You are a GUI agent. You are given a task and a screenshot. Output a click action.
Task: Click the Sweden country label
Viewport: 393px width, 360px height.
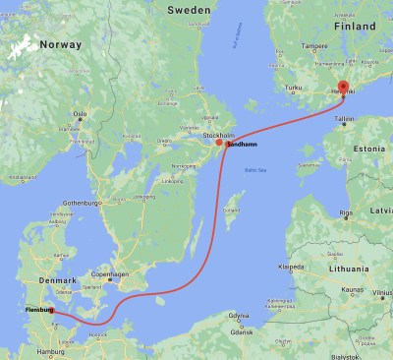(188, 9)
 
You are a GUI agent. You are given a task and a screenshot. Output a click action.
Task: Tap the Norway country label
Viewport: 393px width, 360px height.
(62, 44)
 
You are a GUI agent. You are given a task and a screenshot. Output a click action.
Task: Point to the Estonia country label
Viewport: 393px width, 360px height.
(367, 148)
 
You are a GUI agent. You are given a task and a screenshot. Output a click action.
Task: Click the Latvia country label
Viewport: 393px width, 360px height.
(381, 210)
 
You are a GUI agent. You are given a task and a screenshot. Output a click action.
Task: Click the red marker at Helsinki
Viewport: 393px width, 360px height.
(342, 87)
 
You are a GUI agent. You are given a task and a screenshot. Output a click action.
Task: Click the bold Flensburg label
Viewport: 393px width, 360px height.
(32, 312)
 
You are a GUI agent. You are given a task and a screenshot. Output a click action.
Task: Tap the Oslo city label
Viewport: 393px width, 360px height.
(81, 114)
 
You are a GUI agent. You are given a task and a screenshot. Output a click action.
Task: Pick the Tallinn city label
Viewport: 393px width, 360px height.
(343, 118)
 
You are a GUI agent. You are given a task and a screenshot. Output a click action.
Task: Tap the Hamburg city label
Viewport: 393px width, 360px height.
(47, 350)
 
